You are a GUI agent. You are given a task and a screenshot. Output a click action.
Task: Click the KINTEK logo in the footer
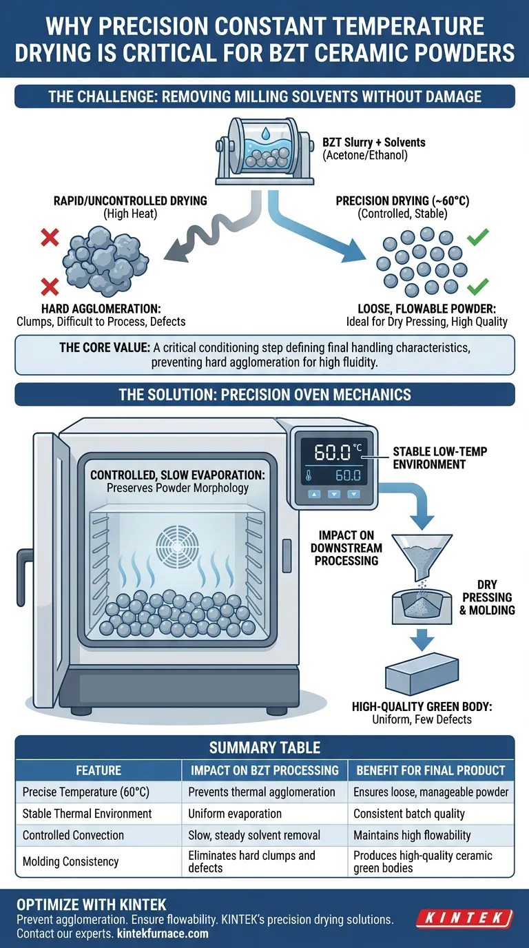point(466,918)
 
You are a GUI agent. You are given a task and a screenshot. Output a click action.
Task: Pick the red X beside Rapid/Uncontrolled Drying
point(50,239)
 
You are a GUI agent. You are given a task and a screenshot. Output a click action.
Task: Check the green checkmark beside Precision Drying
point(477,238)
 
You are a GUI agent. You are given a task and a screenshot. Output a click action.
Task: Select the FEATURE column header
point(98,770)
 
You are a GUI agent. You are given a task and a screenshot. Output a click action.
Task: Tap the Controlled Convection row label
point(73,835)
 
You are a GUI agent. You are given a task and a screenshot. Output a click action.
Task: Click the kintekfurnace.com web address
point(163,934)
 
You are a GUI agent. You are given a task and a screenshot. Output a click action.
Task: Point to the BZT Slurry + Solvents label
point(373,143)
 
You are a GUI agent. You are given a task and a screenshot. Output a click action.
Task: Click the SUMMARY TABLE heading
point(264,748)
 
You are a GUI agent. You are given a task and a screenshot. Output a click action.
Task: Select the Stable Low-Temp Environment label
point(439,457)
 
